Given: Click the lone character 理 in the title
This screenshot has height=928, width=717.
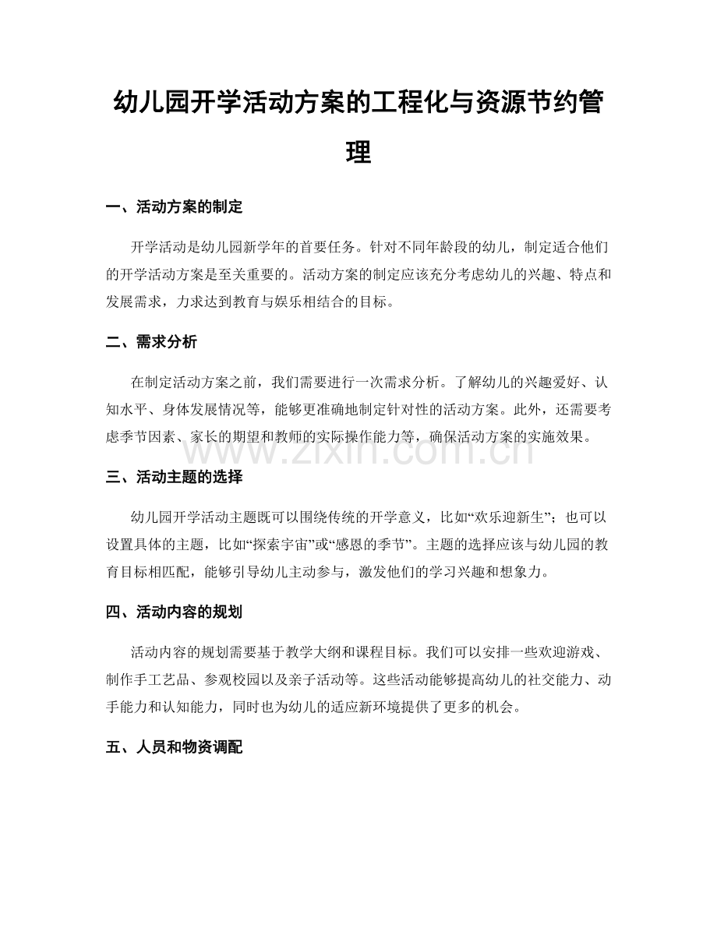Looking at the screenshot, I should point(358,151).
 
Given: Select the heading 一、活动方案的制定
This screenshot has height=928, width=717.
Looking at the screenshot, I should point(174,206).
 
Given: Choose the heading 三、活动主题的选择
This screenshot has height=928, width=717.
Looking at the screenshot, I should point(174,475).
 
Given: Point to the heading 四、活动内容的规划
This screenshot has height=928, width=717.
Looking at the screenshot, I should point(174,612).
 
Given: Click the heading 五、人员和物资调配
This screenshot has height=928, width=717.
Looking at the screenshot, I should point(174,747).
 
